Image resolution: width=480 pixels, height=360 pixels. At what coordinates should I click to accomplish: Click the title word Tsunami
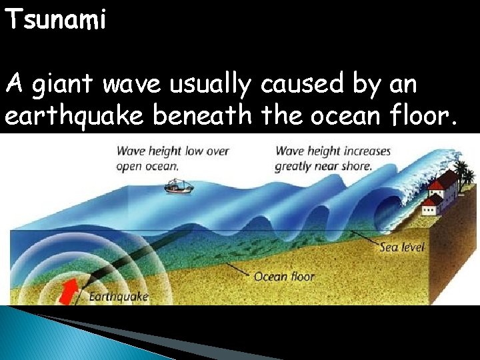[x=55, y=21]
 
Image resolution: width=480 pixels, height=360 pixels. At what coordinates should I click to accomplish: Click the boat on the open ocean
[x=179, y=185]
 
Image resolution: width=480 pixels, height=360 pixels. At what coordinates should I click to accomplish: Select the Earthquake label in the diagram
[x=118, y=296]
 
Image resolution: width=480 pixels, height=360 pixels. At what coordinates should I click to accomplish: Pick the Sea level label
[x=402, y=247]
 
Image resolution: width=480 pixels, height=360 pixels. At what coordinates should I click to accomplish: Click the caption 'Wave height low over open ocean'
[x=172, y=159]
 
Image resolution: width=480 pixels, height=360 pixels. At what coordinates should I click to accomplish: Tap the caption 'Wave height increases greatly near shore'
[x=332, y=159]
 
